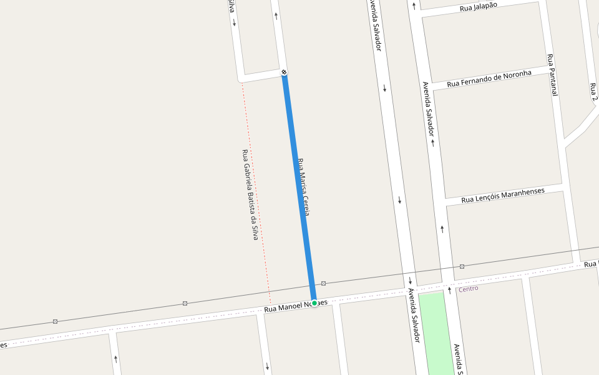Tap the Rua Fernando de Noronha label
[489, 78]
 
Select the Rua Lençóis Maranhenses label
[502, 195]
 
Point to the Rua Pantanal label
[552, 74]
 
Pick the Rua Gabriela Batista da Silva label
[250, 195]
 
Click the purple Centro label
[468, 289]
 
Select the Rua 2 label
[593, 91]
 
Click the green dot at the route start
[314, 302]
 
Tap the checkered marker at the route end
[284, 72]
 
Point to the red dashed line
[256, 187]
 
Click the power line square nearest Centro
[462, 266]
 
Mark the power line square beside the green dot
[323, 283]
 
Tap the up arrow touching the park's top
[449, 290]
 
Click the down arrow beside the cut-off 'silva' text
[234, 23]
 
